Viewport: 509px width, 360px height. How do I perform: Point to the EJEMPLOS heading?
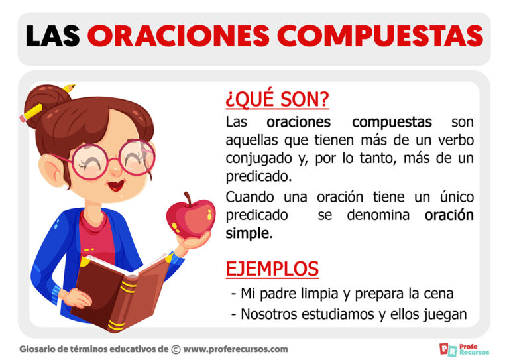[x=272, y=269]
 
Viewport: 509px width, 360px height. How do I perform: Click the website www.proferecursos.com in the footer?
[x=235, y=349]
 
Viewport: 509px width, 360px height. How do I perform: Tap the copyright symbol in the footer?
[x=176, y=349]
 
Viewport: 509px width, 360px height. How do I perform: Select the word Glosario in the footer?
[x=41, y=349]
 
